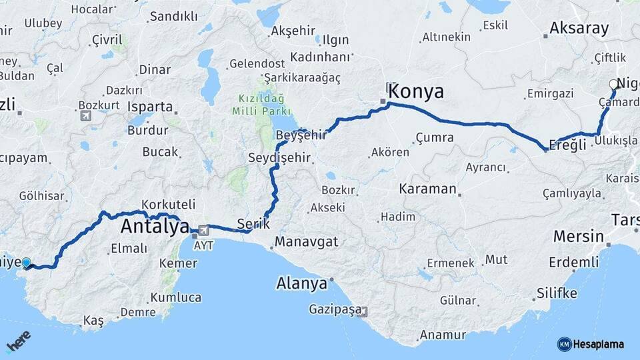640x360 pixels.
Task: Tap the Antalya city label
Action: pos(155,227)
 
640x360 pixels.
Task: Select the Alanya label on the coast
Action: pos(301,283)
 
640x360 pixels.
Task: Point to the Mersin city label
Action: pos(579,236)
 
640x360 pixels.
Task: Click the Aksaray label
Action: pos(579,28)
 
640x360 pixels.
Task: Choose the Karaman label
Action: pos(427,189)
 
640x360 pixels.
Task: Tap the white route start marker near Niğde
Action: pos(613,85)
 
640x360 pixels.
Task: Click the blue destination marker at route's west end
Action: pos(27,263)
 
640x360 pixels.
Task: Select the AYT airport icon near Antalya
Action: pos(202,231)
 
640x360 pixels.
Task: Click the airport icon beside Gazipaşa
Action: pos(362,311)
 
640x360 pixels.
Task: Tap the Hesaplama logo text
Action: pos(598,344)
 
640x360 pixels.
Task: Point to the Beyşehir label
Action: pos(301,135)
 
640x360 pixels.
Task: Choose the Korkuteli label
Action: pos(168,205)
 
